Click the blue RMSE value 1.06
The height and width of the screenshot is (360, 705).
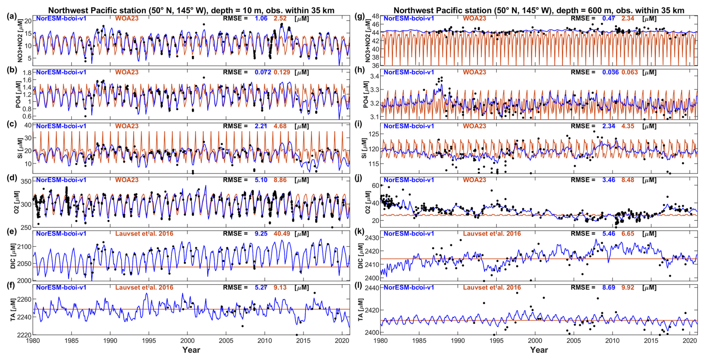point(261,18)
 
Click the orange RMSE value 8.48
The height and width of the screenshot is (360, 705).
point(628,180)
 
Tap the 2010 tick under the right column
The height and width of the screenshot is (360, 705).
point(612,341)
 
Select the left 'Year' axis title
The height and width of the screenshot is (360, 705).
point(191,350)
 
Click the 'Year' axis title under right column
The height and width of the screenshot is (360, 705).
point(539,350)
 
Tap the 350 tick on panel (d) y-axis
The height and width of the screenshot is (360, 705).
point(26,181)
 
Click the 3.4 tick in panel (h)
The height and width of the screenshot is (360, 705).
point(374,76)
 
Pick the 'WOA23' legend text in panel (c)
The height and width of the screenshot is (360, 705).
point(127,126)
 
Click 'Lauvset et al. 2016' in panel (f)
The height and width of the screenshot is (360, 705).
point(144,287)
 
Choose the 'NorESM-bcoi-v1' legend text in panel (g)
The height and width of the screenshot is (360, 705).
point(409,18)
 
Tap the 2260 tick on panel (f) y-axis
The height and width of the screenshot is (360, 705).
point(25,299)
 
